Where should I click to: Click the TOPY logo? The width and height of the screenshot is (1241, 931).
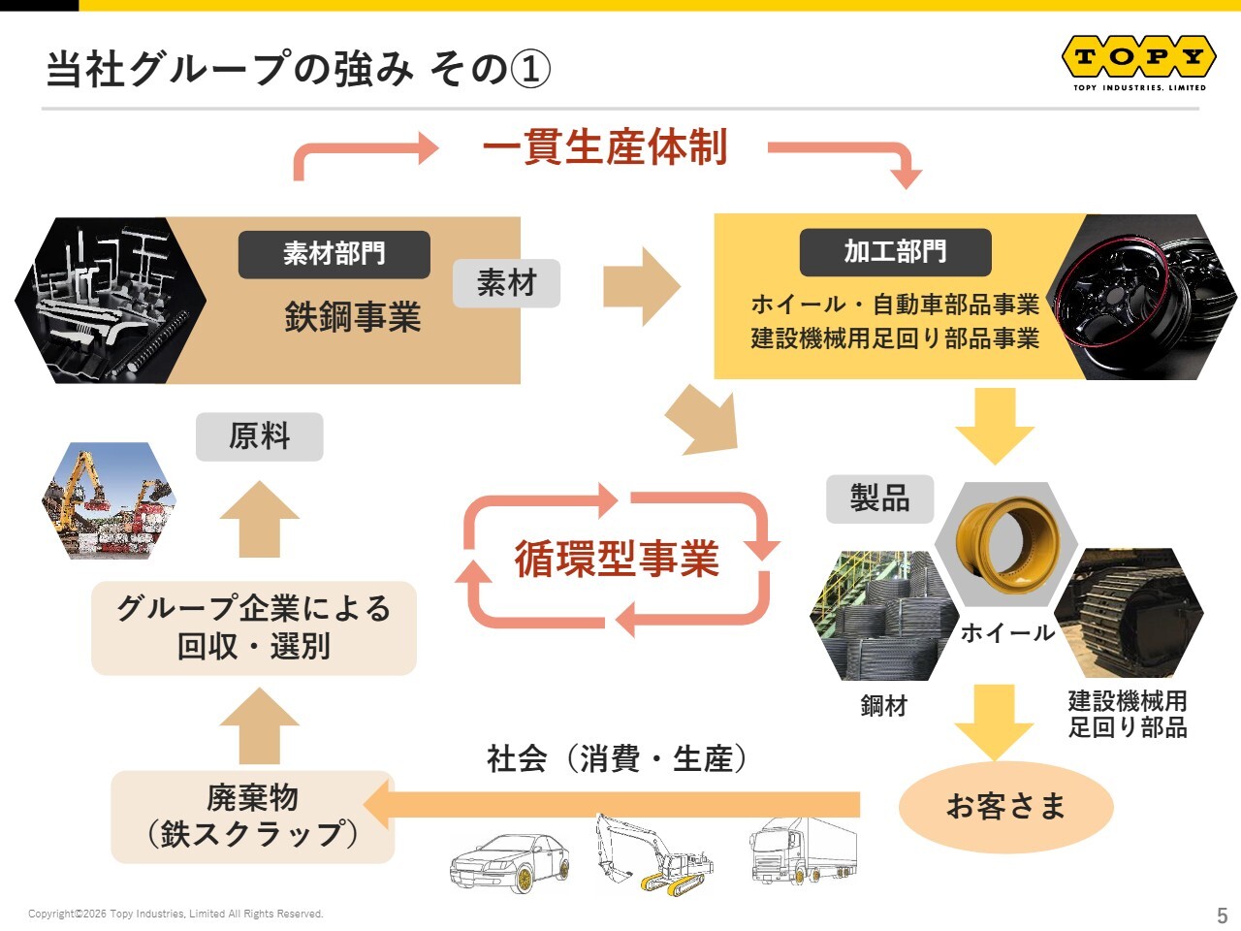click(1138, 62)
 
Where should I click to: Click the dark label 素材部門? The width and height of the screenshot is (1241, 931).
click(334, 254)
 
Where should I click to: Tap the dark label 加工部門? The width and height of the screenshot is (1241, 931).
click(895, 252)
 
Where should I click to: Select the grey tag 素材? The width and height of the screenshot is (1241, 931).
click(506, 283)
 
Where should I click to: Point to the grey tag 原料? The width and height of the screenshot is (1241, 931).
click(260, 436)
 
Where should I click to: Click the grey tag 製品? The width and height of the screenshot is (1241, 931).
click(879, 498)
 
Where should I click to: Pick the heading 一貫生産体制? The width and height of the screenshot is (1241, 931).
click(604, 147)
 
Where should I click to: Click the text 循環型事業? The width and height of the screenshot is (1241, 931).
click(617, 559)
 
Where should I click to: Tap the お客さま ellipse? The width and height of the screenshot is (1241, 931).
click(1005, 806)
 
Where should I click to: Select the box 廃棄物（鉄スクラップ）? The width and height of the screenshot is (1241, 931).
click(252, 817)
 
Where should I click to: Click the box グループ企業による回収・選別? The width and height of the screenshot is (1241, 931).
click(254, 628)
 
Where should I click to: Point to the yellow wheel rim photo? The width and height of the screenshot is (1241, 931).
click(1005, 544)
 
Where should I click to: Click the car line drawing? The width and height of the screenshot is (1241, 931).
click(510, 862)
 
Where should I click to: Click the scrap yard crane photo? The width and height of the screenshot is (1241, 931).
click(110, 500)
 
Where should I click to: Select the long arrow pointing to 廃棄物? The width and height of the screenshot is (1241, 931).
click(611, 804)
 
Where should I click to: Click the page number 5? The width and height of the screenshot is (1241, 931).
click(1223, 915)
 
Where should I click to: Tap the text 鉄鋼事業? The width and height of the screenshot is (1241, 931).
click(353, 316)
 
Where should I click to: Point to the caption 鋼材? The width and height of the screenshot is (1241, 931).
click(883, 705)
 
